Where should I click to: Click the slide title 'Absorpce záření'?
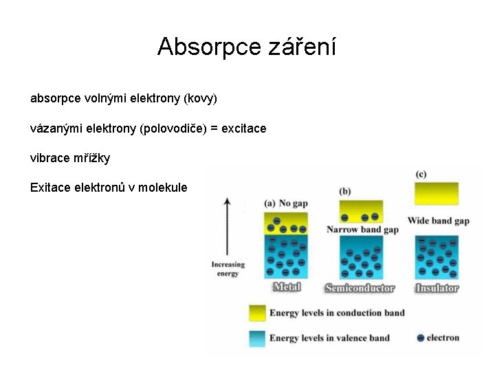pos(247,47)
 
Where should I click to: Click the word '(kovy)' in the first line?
pos(200,99)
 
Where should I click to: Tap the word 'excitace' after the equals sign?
pos(244,128)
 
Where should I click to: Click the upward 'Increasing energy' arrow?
pos(228,227)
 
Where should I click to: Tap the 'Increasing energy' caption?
pos(228,269)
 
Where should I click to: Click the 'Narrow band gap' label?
pos(362,229)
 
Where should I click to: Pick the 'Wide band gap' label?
pos(439,221)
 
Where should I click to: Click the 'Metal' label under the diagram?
pos(287,287)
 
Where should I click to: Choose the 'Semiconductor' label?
pos(360,288)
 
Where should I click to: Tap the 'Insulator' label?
pos(437,288)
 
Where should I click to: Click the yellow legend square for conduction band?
pos(257,313)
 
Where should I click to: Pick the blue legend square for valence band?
pos(257,337)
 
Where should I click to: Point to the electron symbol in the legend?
pos(420,338)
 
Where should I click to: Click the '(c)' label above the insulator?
pos(421,175)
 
